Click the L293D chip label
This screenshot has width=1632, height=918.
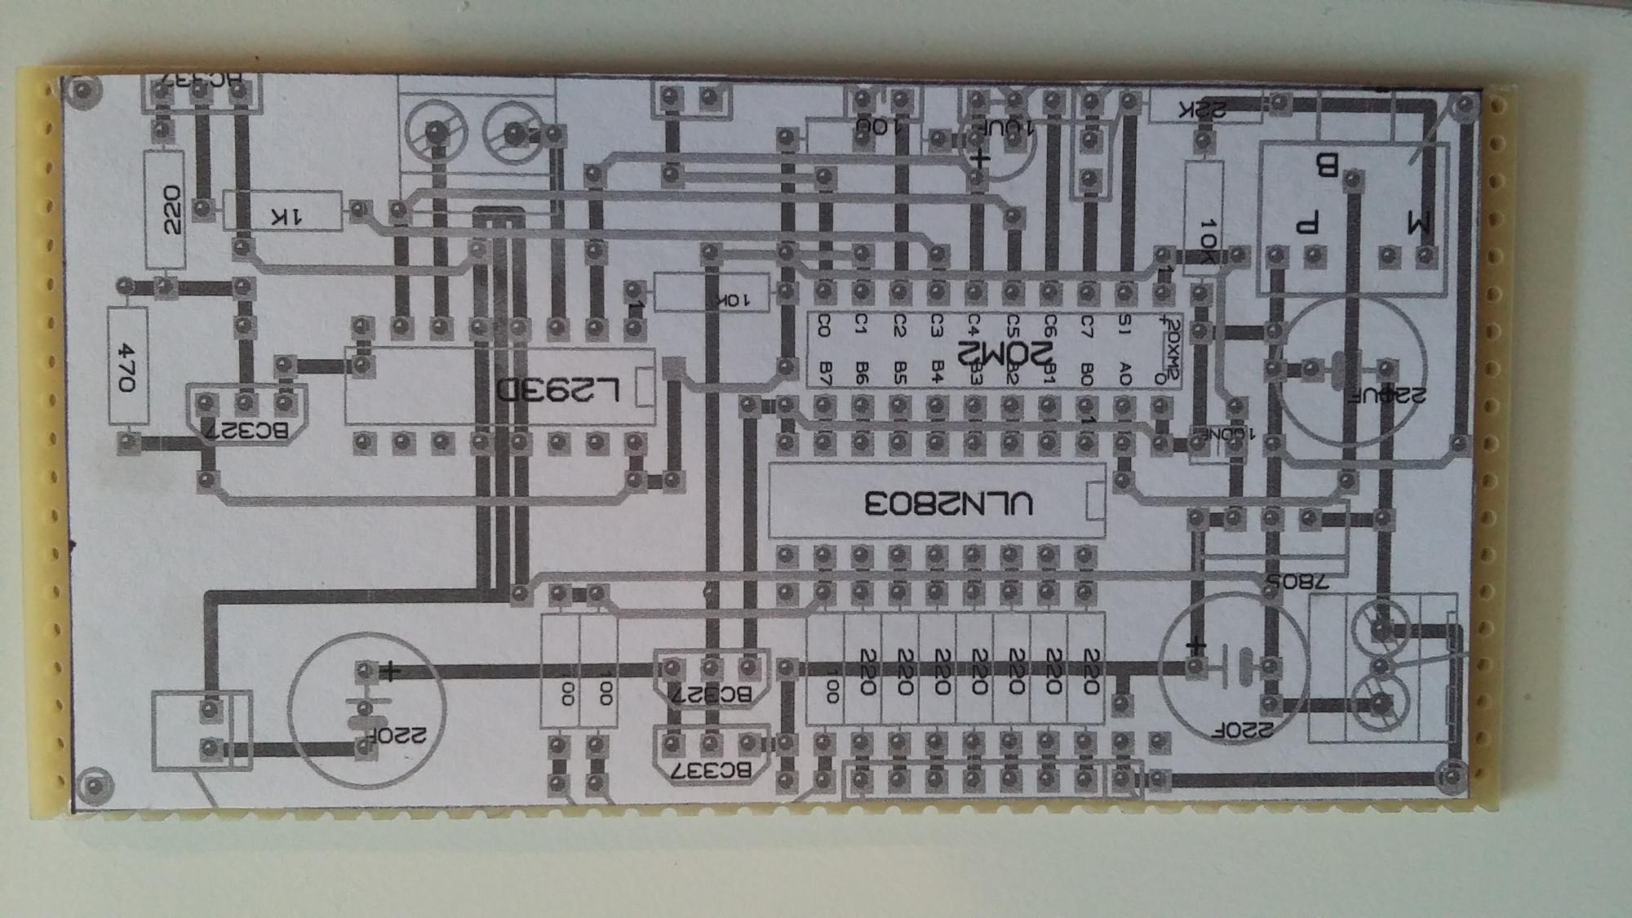560,389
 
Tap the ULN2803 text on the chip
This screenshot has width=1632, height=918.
948,503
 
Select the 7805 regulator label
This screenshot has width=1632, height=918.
1297,581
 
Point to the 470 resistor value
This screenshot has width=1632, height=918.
128,366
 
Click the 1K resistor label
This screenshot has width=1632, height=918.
286,216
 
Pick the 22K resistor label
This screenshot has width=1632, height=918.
1201,110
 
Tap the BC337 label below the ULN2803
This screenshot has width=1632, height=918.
711,769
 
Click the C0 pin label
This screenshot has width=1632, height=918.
823,326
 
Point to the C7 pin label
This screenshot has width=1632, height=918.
1086,326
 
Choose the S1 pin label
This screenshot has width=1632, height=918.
1124,326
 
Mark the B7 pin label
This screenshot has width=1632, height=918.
824,374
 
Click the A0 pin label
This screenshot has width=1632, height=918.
1124,374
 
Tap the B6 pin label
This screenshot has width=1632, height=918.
862,374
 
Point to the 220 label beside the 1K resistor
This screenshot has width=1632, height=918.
171,210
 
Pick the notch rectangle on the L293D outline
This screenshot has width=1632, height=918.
644,387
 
